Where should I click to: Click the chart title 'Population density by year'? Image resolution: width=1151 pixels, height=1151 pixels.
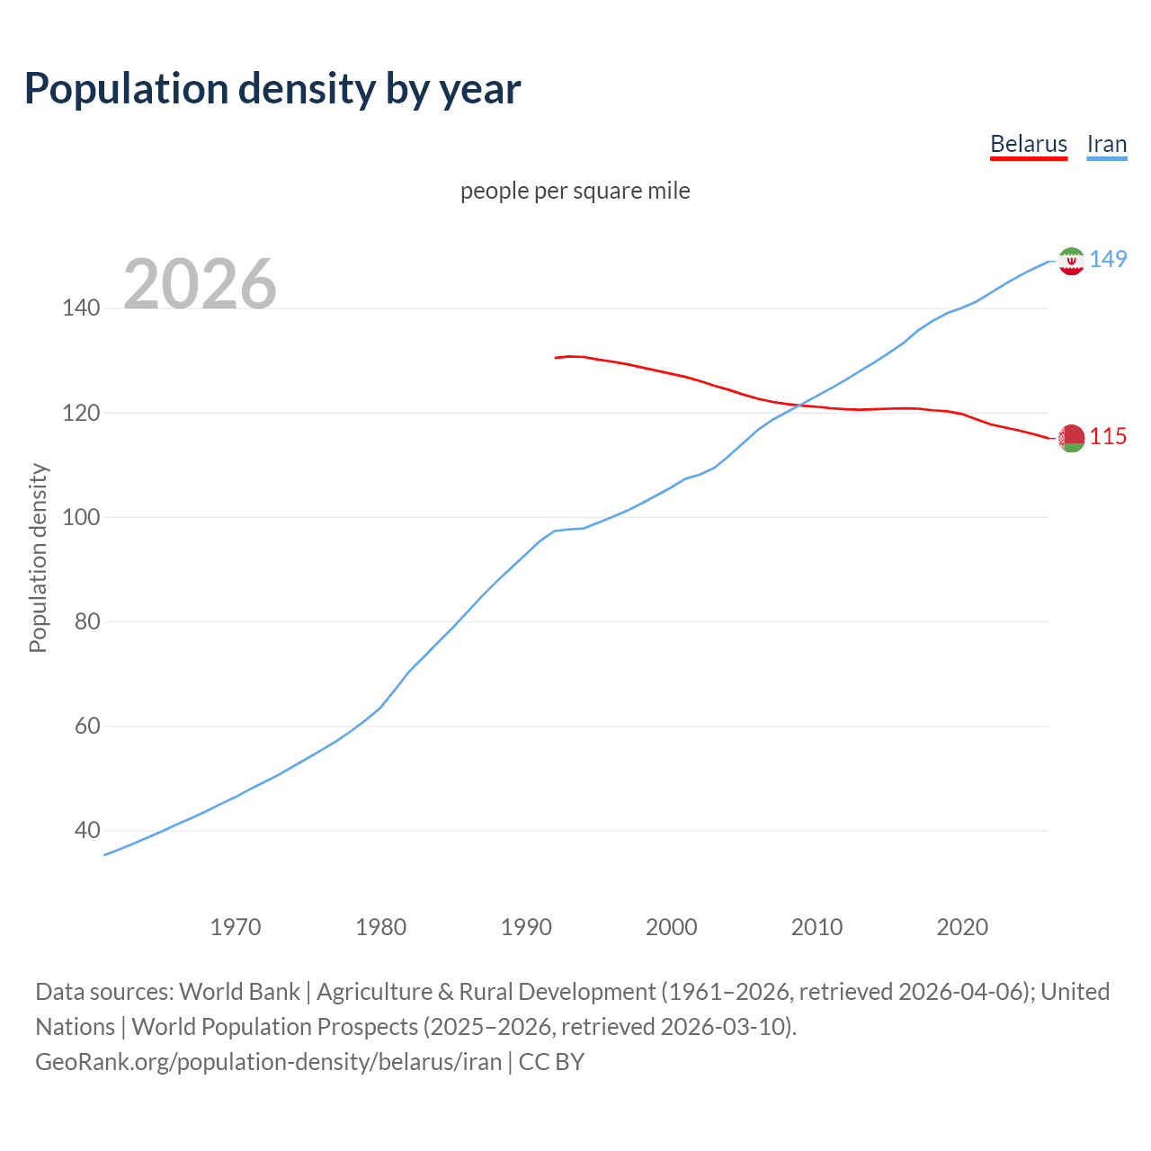[272, 89]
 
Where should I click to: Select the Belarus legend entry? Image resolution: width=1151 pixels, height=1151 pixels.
[1028, 145]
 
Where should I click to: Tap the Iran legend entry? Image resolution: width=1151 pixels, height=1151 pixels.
[1106, 145]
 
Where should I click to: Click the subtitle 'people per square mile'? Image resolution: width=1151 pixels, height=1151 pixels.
[575, 192]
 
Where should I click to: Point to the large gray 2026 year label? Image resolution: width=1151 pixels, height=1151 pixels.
[200, 284]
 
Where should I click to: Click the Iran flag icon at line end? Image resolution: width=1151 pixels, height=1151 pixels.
[1070, 261]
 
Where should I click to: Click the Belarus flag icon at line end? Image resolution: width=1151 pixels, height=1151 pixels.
[1070, 438]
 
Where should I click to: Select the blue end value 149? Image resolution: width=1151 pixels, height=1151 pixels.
[1108, 260]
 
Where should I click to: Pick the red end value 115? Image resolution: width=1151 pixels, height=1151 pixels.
[1108, 437]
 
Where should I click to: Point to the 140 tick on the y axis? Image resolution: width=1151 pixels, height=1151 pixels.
[81, 308]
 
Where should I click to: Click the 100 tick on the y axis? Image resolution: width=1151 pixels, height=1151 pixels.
[81, 518]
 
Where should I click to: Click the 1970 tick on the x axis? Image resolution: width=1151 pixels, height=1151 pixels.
[236, 927]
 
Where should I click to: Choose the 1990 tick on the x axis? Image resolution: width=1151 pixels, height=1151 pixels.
[526, 927]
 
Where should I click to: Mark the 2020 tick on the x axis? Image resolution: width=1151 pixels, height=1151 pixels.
[962, 927]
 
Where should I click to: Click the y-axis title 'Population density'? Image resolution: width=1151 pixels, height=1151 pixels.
[38, 558]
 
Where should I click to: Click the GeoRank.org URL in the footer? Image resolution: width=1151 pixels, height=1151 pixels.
[268, 1062]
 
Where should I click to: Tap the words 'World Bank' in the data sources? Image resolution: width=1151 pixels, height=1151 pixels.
[239, 992]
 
